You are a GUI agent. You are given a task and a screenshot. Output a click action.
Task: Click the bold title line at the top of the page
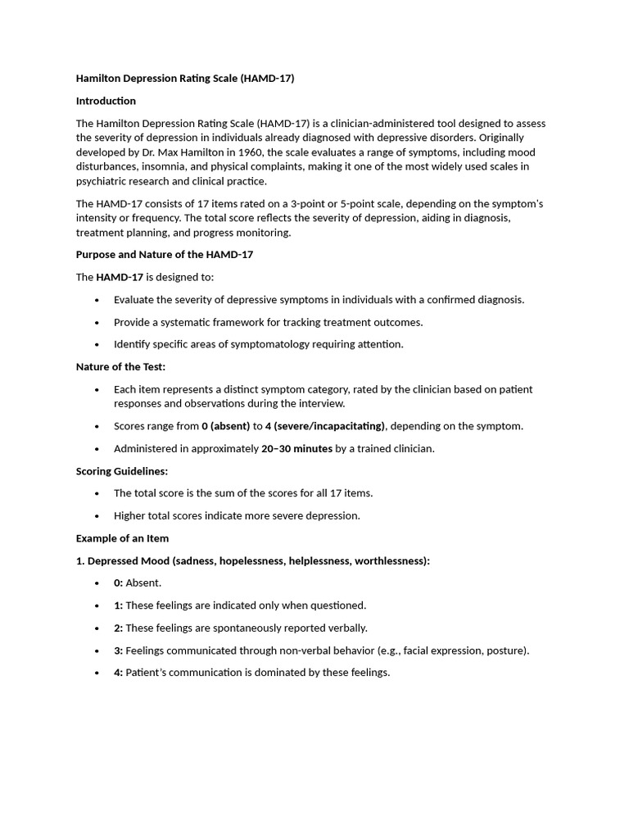click(x=184, y=79)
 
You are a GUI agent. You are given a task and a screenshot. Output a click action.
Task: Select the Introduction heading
click(x=106, y=101)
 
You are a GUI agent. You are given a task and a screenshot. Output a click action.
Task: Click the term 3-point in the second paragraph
click(x=376, y=203)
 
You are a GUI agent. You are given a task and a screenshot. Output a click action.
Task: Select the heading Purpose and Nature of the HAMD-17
click(x=165, y=255)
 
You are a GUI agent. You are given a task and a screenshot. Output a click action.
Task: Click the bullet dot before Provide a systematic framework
click(x=97, y=323)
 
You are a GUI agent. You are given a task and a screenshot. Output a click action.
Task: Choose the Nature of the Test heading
click(x=120, y=367)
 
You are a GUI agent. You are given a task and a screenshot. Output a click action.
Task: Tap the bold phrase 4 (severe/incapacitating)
click(x=324, y=426)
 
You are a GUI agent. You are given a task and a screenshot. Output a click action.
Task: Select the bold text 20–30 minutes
click(x=296, y=448)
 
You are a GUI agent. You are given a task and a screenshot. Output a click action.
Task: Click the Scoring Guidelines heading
click(x=121, y=471)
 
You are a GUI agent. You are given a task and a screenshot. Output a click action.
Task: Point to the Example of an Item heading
click(x=122, y=538)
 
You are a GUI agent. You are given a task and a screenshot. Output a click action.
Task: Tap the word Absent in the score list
click(x=143, y=583)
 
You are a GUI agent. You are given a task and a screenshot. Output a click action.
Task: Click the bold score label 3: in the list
click(x=118, y=651)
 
